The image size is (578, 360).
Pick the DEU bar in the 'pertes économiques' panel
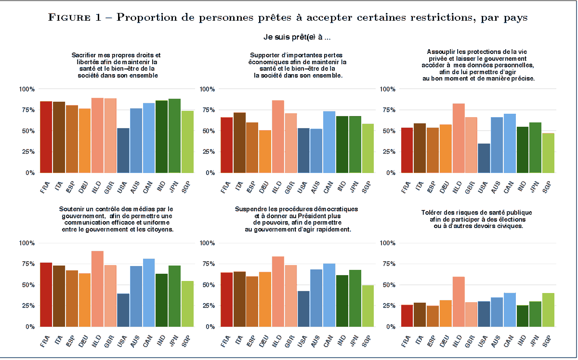coord(265,151)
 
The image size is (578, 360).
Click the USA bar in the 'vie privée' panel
coord(484,158)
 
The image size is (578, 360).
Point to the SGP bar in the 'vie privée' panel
coord(548,153)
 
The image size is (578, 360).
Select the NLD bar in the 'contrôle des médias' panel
coord(97,289)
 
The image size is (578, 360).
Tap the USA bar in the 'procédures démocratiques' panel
coord(303,308)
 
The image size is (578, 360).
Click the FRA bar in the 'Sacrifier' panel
coord(46,137)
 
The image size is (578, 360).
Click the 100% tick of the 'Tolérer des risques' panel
coord(388,243)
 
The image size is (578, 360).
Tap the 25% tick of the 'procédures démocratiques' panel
coord(207,306)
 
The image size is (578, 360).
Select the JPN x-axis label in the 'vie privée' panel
coord(533,186)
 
